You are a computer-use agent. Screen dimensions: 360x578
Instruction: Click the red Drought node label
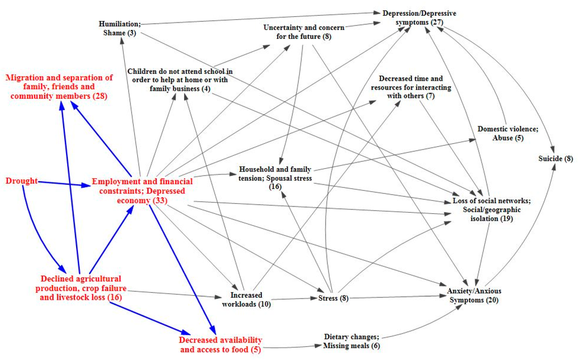[x=21, y=181]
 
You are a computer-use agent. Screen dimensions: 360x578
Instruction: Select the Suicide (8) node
[x=556, y=159]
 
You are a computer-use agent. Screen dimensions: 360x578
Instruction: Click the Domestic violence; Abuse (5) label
[x=507, y=133]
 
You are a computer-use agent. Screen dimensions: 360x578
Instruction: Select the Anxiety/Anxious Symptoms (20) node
[x=470, y=295]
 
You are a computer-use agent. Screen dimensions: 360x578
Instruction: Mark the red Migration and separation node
[x=59, y=87]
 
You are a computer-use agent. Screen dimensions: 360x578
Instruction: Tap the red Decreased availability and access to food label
[x=221, y=345]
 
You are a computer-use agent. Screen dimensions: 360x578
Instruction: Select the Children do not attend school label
[x=180, y=80]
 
